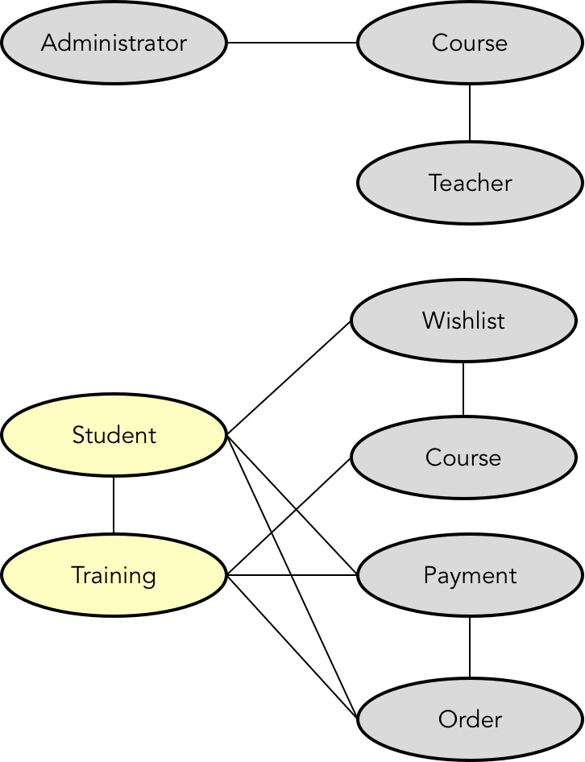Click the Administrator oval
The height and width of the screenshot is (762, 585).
click(114, 43)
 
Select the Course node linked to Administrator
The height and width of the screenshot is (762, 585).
click(470, 43)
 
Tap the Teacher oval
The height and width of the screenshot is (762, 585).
click(470, 183)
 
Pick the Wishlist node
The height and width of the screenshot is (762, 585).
click(463, 321)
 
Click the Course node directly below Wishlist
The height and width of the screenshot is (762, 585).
click(463, 458)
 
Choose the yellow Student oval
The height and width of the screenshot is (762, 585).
click(114, 435)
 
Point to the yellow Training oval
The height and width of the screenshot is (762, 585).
click(114, 575)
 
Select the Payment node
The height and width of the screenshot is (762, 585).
click(470, 575)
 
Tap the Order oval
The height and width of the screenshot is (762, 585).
click(470, 719)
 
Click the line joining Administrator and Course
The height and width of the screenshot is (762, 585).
click(292, 43)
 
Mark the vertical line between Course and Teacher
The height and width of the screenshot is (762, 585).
click(470, 113)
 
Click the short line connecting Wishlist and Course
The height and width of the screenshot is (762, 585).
click(463, 389)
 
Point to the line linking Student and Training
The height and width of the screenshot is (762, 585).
click(114, 505)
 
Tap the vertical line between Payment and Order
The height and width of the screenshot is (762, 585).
click(470, 647)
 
